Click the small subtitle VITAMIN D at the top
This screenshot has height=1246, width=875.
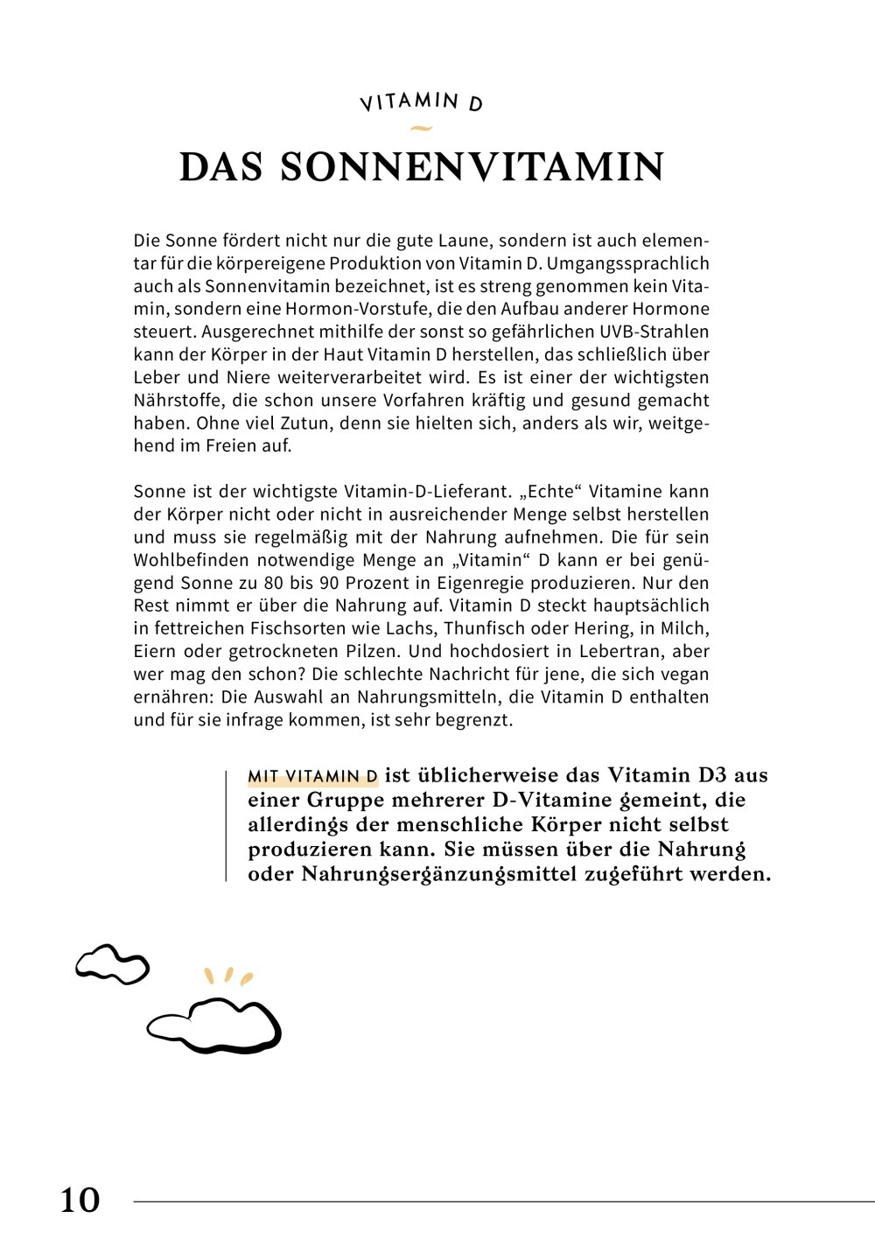(421, 102)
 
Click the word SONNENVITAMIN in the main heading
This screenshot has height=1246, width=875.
(472, 167)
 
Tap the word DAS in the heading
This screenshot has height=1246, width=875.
(220, 167)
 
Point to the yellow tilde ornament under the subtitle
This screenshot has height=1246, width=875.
(421, 129)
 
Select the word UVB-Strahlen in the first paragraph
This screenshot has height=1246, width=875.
(654, 332)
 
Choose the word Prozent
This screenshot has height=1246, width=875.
(386, 583)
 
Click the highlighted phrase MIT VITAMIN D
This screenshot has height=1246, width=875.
(312, 776)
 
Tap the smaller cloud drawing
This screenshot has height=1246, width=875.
(112, 963)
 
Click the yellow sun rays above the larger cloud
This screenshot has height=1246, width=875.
(227, 976)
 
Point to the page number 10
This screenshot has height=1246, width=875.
(80, 1200)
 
